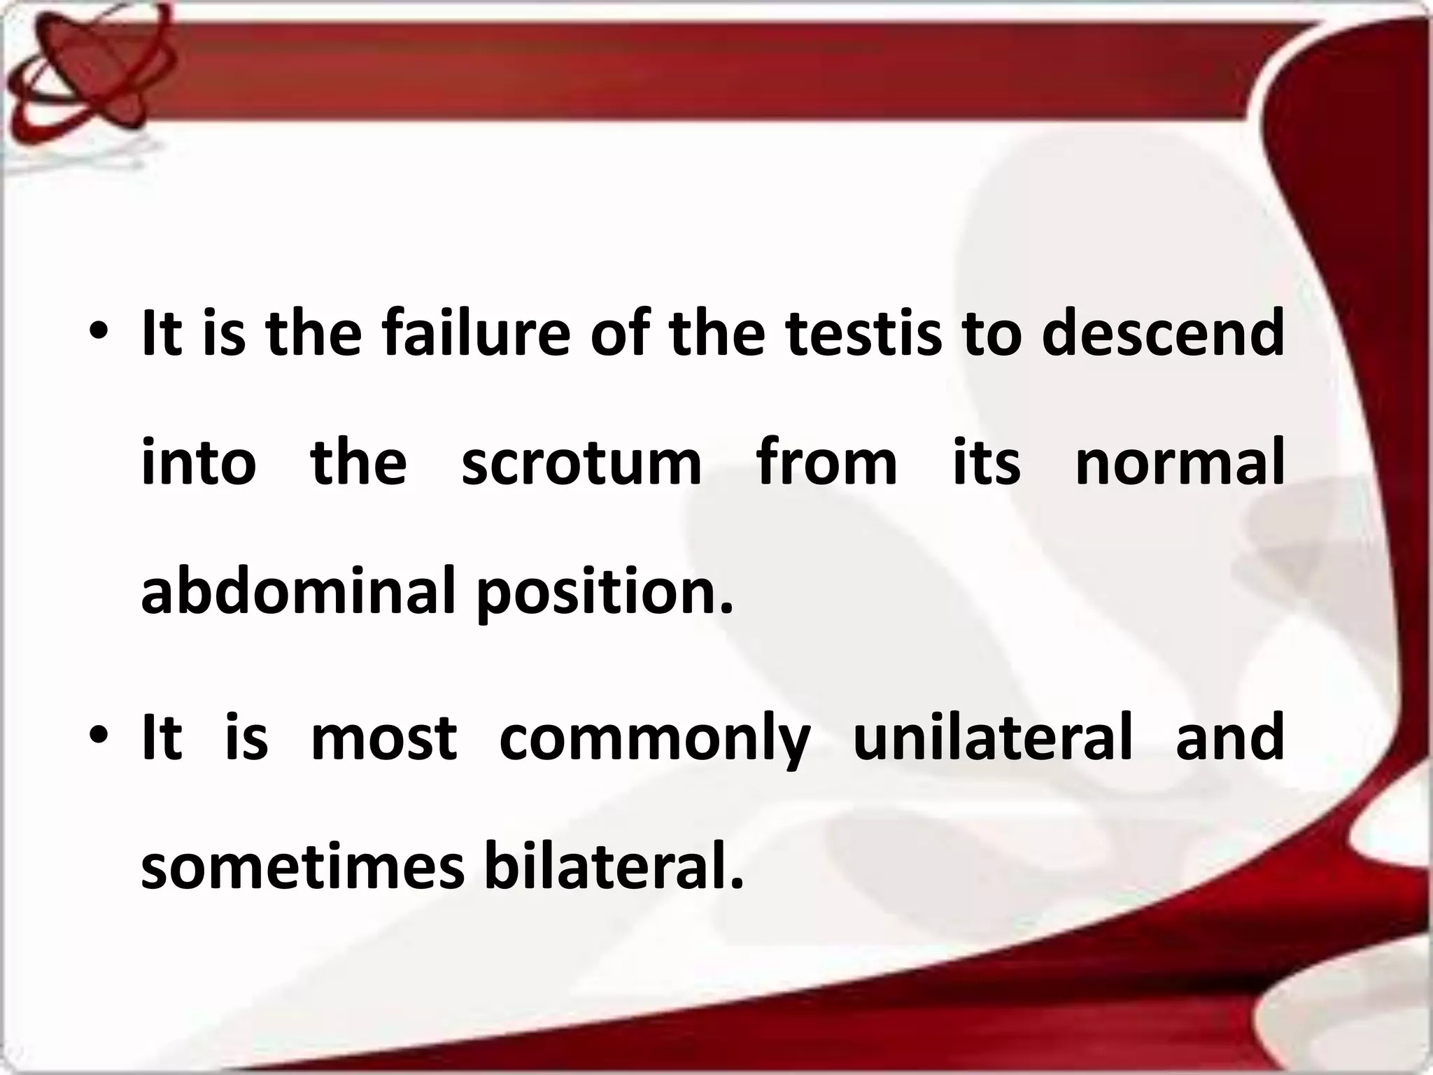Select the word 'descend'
click(x=1162, y=334)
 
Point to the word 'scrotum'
click(x=581, y=463)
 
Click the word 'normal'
click(x=1180, y=463)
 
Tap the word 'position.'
click(x=605, y=592)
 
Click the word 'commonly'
click(x=654, y=739)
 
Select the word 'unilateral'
click(x=992, y=739)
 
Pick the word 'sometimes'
click(x=302, y=868)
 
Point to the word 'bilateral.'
click(x=614, y=868)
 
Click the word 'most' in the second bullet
click(x=383, y=739)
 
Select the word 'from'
click(x=827, y=463)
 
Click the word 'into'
click(x=199, y=463)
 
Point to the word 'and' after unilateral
click(x=1230, y=739)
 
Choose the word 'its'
click(x=987, y=463)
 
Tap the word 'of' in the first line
click(x=619, y=334)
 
